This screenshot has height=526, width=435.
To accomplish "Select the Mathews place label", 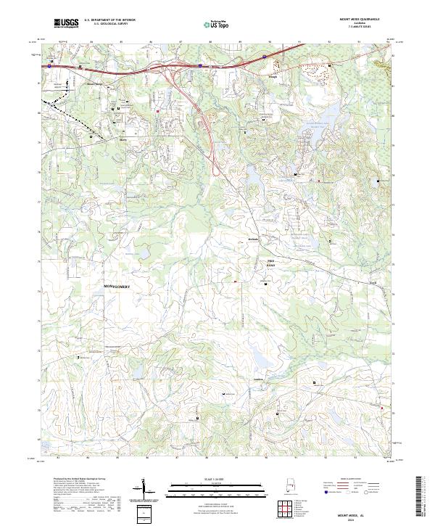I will point(252,239).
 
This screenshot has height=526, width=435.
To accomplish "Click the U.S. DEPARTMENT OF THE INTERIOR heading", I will point(112,20).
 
